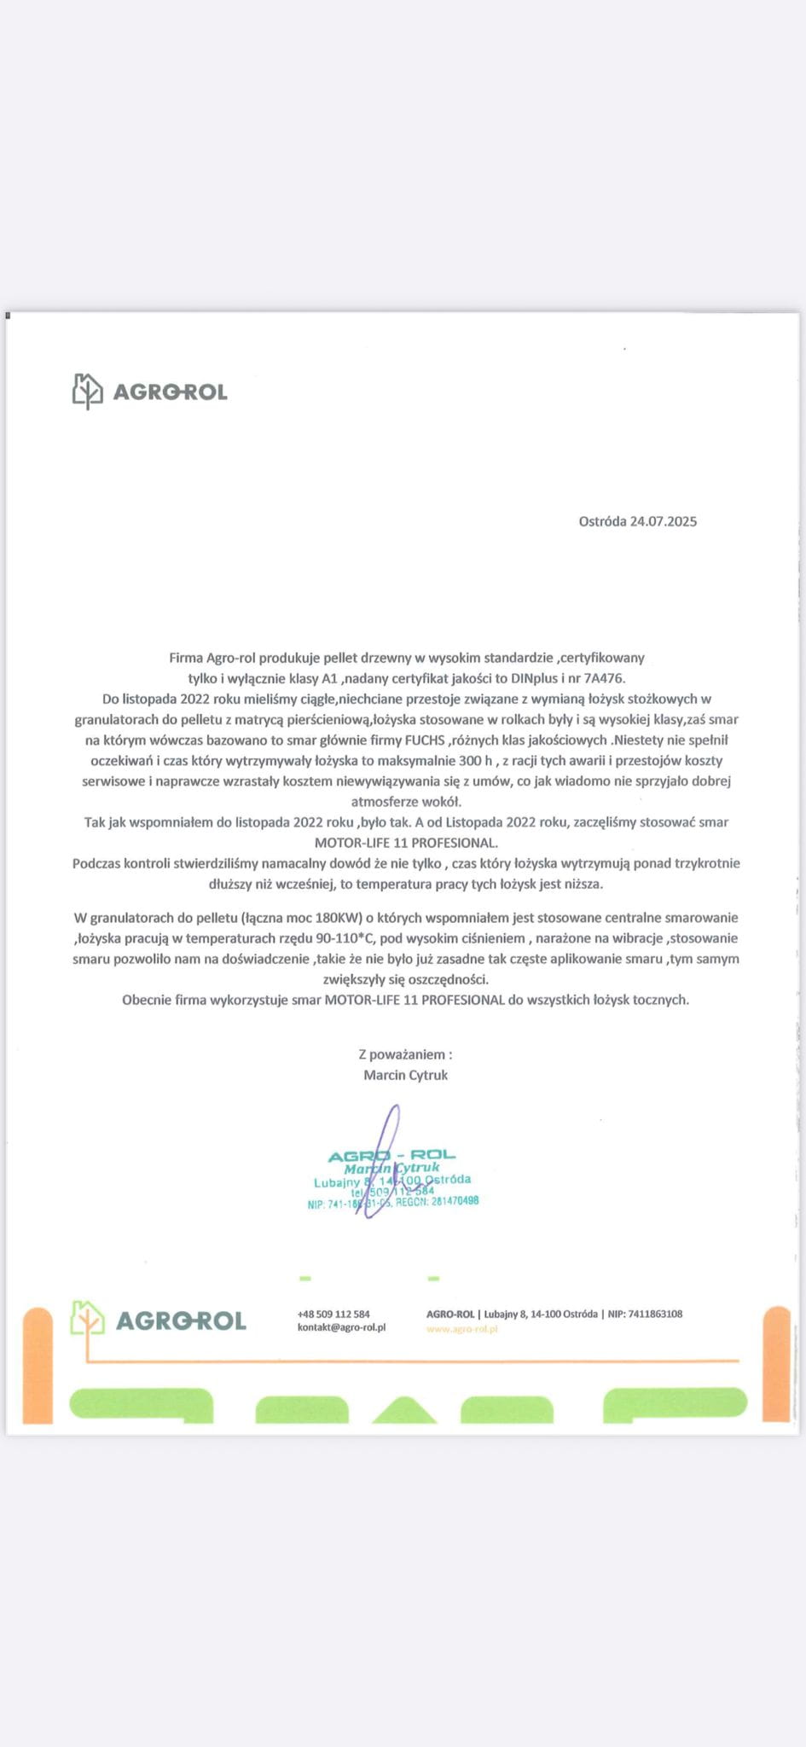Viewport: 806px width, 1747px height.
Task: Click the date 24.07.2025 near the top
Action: tap(664, 521)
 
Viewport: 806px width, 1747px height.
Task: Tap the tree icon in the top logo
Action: tap(87, 392)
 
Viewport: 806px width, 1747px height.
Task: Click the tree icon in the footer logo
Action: tap(87, 1320)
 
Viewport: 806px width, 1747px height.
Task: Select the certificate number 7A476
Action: tap(604, 679)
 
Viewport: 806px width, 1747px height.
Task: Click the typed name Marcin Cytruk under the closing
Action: tap(405, 1075)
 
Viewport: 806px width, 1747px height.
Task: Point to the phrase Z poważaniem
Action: tap(405, 1054)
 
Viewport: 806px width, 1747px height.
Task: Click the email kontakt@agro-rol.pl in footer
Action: tap(341, 1327)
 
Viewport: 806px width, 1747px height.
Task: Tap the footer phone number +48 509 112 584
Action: tap(333, 1315)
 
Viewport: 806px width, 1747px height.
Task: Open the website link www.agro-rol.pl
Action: tap(461, 1329)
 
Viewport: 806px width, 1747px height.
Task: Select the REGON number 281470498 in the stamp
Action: tap(455, 1201)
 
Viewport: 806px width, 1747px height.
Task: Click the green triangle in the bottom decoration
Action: tap(404, 1411)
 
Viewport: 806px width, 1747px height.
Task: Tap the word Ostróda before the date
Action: tap(602, 521)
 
